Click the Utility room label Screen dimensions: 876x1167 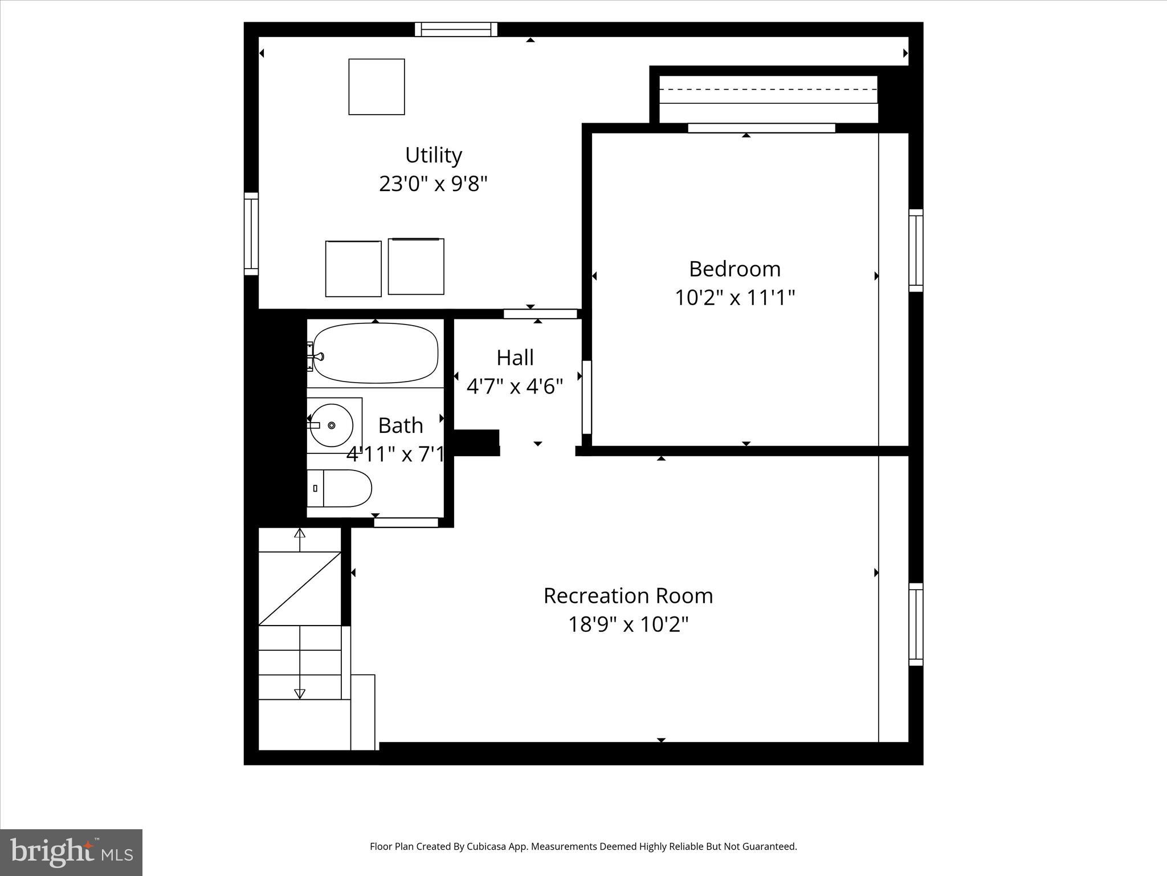tap(433, 155)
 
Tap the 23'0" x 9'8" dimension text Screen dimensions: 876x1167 tap(433, 184)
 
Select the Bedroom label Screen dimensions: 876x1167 tap(735, 269)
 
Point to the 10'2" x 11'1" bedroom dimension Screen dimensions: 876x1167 tap(735, 297)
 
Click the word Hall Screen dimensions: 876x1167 tap(515, 358)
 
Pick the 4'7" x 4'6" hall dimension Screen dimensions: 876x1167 tap(515, 386)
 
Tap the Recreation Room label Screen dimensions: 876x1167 tap(628, 595)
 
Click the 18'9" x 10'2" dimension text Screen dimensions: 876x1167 tap(628, 624)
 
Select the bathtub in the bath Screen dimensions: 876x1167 tap(376, 353)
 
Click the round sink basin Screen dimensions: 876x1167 tap(332, 425)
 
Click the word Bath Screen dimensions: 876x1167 tap(401, 425)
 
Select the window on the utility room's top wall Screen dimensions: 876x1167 tap(456, 29)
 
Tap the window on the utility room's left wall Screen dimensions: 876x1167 tap(251, 234)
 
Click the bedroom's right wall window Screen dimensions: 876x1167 tap(916, 250)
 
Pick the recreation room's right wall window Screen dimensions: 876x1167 tap(916, 624)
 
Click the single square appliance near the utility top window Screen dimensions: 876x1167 tap(377, 87)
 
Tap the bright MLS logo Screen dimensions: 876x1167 tap(71, 852)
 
